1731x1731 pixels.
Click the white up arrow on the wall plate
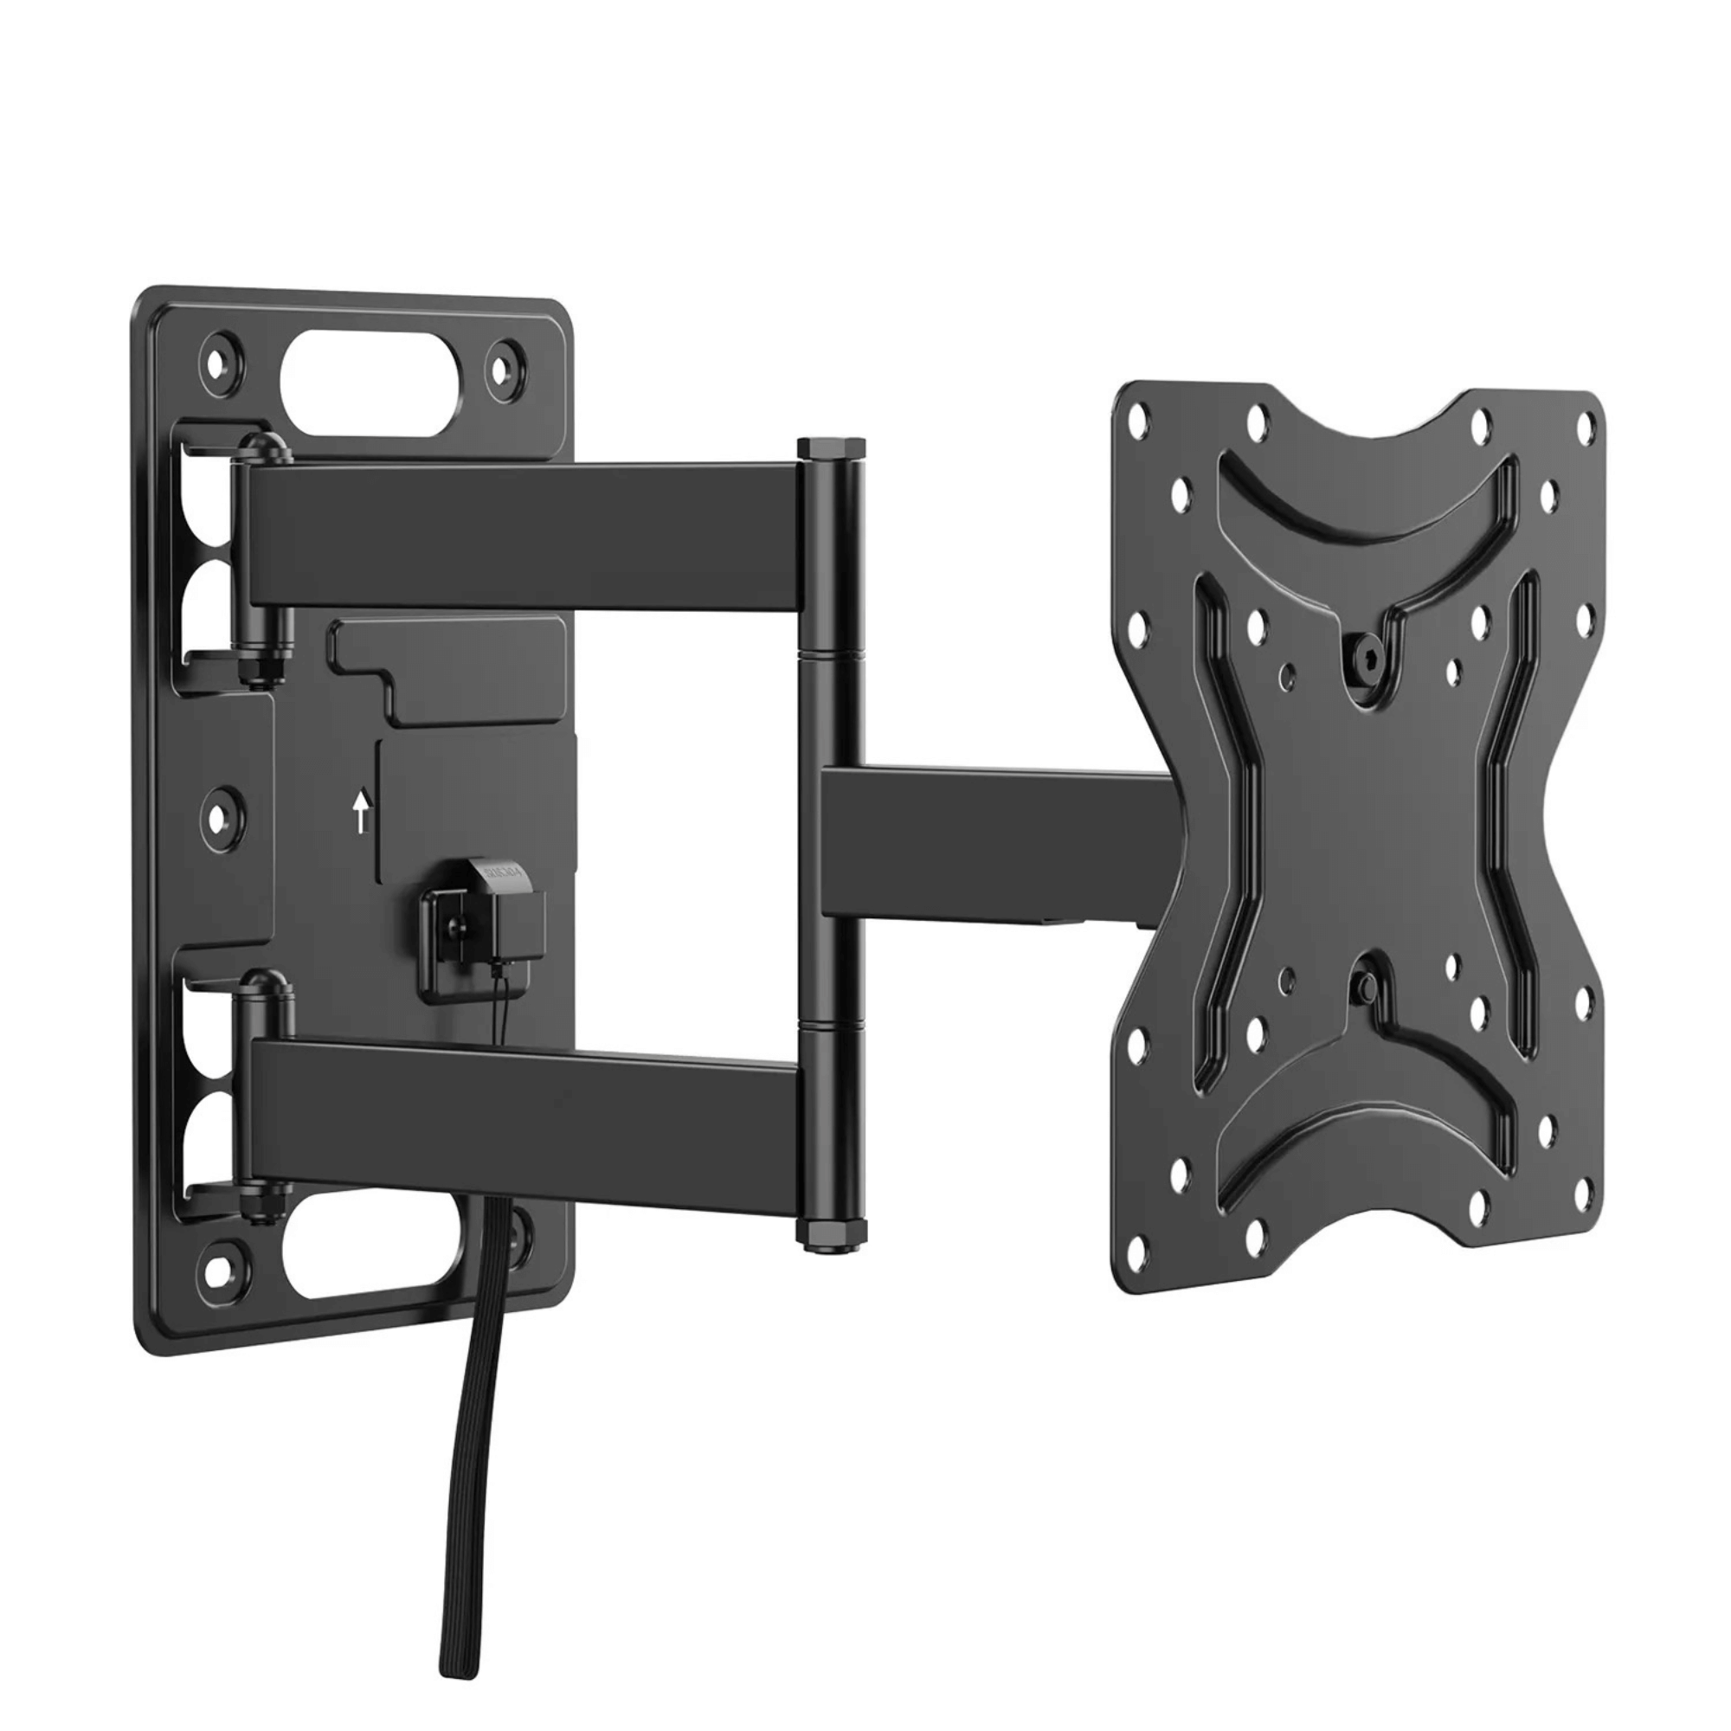(x=361, y=812)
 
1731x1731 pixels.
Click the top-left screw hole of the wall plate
(x=220, y=358)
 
